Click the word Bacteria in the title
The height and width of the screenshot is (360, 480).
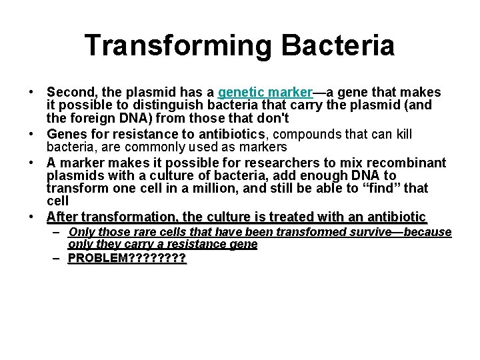click(x=338, y=45)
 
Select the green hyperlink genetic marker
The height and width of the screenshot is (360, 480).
click(x=265, y=92)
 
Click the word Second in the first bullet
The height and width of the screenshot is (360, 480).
click(x=68, y=92)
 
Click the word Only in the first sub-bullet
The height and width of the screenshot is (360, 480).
click(x=81, y=233)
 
